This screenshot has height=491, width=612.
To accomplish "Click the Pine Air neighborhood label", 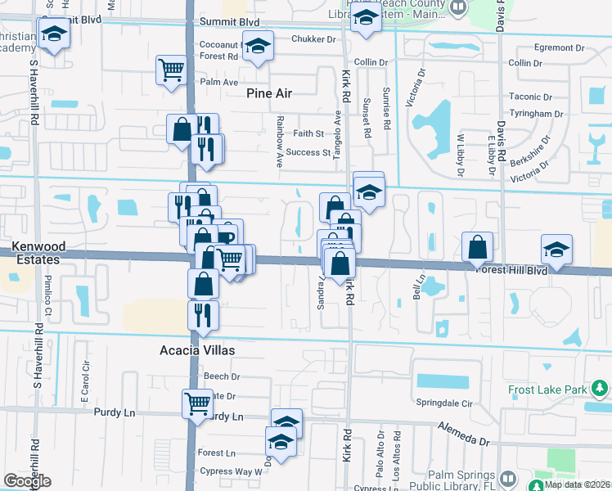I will (268, 93).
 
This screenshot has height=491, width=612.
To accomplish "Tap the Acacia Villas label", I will (196, 350).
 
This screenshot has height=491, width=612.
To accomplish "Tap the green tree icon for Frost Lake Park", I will (600, 386).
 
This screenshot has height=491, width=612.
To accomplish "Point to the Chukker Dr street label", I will (315, 38).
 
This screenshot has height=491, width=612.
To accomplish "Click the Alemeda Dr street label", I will (462, 435).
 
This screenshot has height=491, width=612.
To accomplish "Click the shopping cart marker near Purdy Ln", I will (198, 402).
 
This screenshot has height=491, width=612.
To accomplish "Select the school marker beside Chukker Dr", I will (259, 48).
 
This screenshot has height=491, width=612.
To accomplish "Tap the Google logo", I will (27, 481).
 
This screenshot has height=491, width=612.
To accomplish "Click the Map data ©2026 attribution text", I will (577, 484).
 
